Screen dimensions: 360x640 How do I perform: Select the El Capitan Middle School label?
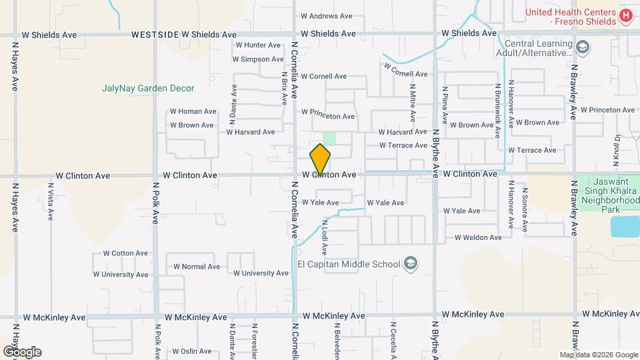pyautogui.click(x=349, y=264)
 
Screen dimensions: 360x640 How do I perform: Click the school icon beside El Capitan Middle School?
pyautogui.click(x=411, y=264)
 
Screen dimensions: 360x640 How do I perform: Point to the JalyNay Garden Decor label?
pyautogui.click(x=148, y=88)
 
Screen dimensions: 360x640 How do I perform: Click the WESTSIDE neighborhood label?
pyautogui.click(x=155, y=34)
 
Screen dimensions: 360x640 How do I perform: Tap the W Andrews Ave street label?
pyautogui.click(x=326, y=16)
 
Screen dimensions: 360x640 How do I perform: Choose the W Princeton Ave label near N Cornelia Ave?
pyautogui.click(x=328, y=116)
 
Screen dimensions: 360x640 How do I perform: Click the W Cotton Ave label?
pyautogui.click(x=125, y=253)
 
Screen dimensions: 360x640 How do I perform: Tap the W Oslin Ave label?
pyautogui.click(x=191, y=351)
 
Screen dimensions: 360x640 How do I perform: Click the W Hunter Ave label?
pyautogui.click(x=257, y=45)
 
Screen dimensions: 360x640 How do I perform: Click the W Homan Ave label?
pyautogui.click(x=193, y=111)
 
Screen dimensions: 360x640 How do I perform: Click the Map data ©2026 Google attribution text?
pyautogui.click(x=598, y=355)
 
